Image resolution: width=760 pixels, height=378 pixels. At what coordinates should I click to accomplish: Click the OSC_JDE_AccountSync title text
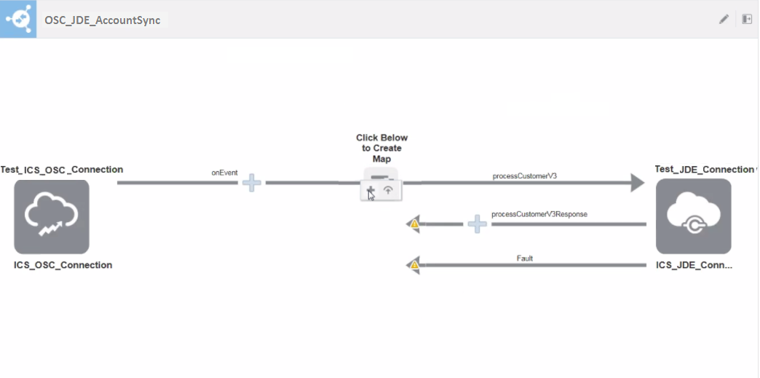102,20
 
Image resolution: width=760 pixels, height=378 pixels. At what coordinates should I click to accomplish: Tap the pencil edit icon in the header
724,20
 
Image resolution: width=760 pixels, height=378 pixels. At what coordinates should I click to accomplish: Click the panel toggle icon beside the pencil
747,20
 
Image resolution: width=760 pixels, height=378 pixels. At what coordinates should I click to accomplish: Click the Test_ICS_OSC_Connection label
62,170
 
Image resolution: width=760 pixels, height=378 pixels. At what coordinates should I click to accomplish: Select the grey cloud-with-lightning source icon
52,216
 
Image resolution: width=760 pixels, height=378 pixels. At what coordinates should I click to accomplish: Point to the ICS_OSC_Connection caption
63,265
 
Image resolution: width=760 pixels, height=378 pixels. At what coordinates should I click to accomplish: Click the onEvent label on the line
225,173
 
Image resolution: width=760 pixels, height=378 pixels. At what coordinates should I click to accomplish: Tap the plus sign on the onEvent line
251,183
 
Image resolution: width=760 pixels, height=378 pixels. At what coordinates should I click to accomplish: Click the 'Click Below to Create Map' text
381,148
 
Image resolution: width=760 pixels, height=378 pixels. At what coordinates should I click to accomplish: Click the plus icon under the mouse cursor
371,192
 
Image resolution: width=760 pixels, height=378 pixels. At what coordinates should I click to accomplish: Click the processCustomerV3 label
524,176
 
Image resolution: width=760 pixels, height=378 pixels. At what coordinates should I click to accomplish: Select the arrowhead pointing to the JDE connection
637,183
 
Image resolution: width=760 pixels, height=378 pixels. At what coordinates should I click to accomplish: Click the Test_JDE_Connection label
704,169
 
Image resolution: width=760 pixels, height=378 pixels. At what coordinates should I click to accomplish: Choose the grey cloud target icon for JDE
693,216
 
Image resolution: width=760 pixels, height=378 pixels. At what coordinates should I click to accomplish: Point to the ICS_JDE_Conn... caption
694,265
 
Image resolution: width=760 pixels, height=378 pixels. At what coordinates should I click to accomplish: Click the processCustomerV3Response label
539,214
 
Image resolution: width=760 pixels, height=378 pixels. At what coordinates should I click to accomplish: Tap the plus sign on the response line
477,224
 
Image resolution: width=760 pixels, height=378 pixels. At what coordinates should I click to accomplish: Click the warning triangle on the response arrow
414,224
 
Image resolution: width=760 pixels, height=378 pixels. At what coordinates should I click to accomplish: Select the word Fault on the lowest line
525,258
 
